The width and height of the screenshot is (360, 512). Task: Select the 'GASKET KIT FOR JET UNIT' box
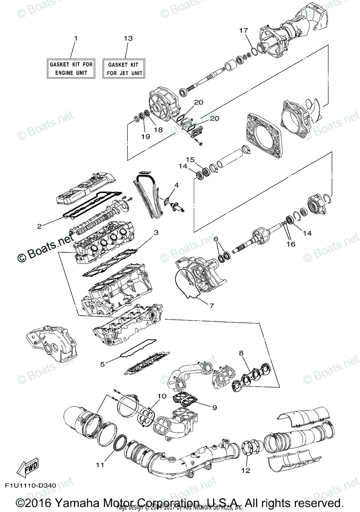pyautogui.click(x=123, y=68)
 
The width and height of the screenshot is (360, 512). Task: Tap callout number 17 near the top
pyautogui.click(x=243, y=30)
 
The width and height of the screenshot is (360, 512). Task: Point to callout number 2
pyautogui.click(x=39, y=226)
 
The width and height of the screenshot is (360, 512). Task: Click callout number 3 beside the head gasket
pyautogui.click(x=156, y=233)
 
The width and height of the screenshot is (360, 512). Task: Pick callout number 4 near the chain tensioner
pyautogui.click(x=176, y=185)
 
